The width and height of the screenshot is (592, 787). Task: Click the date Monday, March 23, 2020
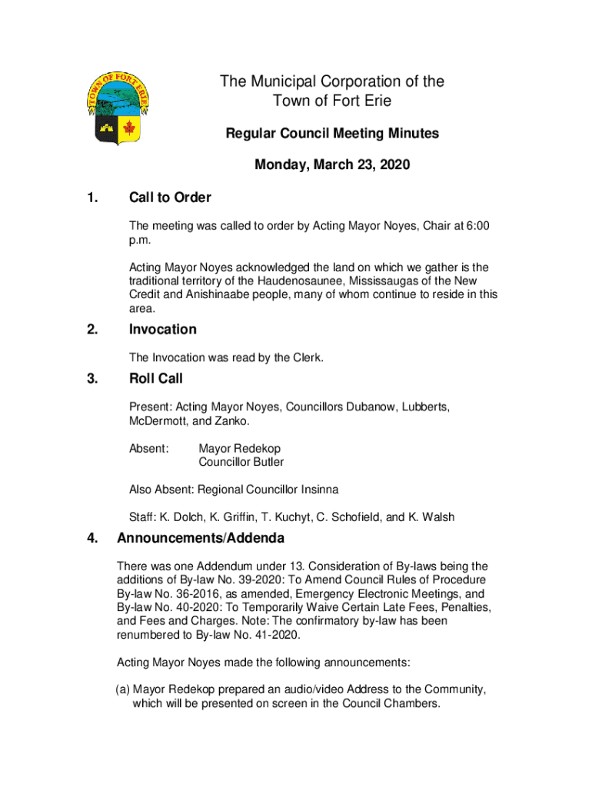click(332, 164)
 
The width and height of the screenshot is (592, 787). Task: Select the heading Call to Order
click(170, 198)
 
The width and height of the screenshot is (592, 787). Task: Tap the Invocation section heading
click(163, 329)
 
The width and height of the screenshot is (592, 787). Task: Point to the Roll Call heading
click(156, 378)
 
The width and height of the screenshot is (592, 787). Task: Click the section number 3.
click(92, 378)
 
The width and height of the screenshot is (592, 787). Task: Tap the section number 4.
click(92, 537)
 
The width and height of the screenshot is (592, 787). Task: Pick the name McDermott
click(159, 420)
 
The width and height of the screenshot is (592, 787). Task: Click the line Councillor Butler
click(241, 462)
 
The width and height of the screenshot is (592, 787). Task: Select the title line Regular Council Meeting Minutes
click(332, 134)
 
